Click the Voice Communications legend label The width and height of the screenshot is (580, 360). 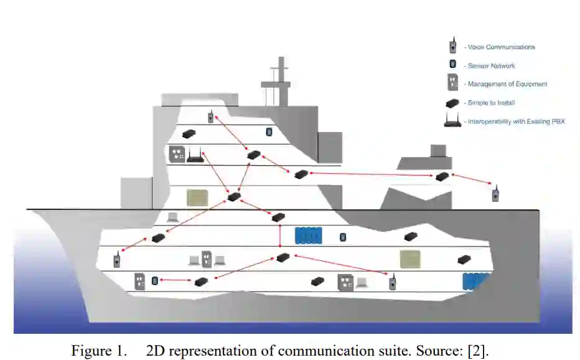501,47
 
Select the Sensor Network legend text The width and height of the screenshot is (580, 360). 491,65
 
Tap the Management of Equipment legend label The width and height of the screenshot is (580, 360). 507,84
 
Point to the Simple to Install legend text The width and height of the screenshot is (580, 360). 491,103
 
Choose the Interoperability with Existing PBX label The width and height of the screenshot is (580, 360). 516,121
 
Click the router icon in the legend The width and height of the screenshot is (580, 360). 452,121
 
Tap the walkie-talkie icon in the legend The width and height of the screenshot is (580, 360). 453,45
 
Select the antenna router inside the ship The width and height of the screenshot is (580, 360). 195,154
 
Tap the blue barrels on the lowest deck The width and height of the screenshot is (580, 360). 477,282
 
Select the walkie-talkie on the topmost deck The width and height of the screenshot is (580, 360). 211,116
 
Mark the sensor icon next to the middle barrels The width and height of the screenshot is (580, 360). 342,237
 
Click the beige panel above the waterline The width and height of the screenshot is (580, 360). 199,197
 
